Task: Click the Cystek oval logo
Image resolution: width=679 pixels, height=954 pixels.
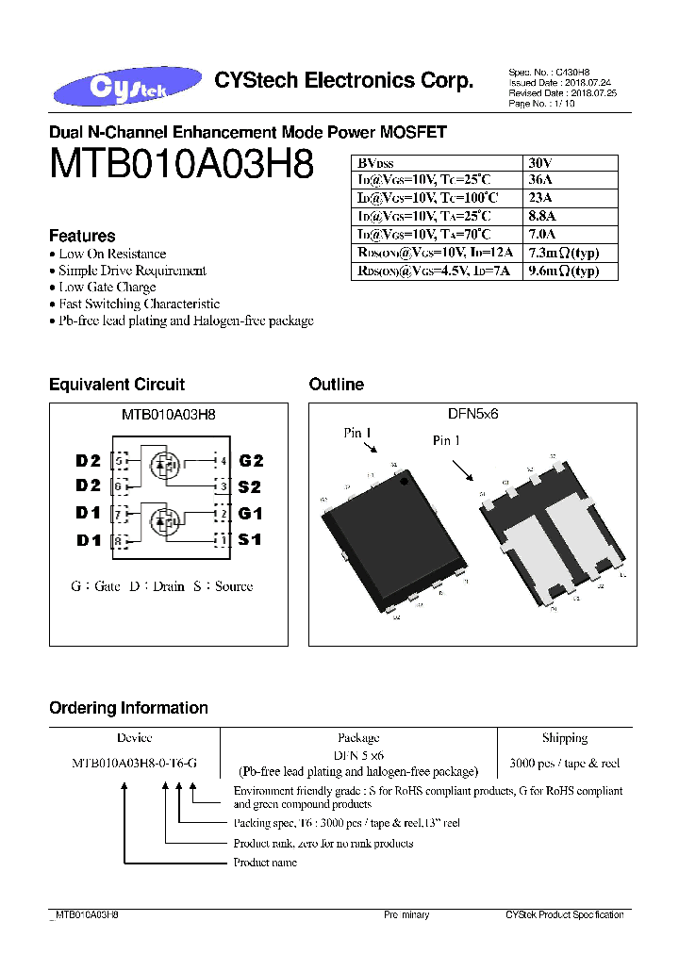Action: point(127,86)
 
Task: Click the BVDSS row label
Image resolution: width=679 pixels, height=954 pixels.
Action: point(376,161)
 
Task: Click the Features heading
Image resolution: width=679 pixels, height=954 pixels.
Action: point(82,236)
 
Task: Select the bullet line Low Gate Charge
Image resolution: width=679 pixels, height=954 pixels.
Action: point(108,288)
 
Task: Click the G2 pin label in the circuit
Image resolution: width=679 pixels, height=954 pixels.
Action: point(251,461)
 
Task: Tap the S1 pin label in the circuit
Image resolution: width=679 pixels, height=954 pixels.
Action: point(249,540)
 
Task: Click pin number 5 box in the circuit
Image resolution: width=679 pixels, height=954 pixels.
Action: point(120,461)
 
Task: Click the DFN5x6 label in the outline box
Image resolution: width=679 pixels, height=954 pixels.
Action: point(473,412)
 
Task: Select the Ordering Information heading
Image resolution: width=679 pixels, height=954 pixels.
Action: point(128,708)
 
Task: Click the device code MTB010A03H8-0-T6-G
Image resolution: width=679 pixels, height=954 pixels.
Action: point(134,764)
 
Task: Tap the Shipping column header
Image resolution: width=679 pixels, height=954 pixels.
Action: point(564,738)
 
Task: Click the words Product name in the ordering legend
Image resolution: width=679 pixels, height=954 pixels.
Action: point(265,863)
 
